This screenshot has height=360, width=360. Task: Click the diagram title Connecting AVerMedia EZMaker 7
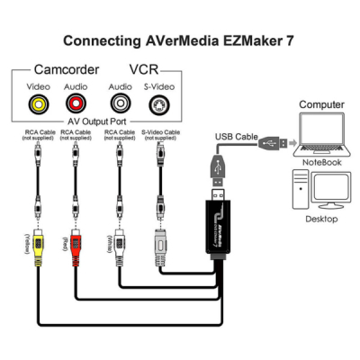(x=179, y=40)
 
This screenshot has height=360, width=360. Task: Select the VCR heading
(x=147, y=68)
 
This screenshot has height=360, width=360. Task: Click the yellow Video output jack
(x=39, y=103)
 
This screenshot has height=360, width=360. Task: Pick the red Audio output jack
(x=76, y=103)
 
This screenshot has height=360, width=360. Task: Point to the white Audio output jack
(x=119, y=103)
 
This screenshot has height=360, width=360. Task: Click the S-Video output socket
(x=158, y=103)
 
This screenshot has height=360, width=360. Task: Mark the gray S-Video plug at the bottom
(x=158, y=243)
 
